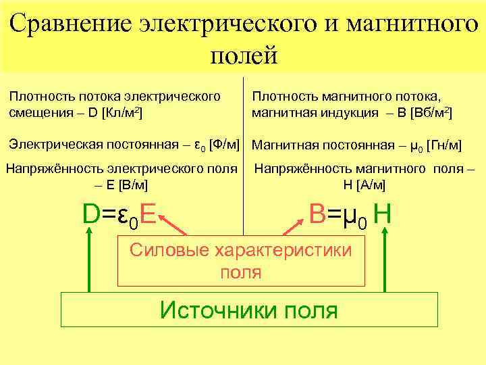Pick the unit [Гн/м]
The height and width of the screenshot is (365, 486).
445,145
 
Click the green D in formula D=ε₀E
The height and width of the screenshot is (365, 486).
90,214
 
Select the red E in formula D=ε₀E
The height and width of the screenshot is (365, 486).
148,214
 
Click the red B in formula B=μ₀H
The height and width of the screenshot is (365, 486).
318,214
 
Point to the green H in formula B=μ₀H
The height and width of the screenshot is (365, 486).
382,214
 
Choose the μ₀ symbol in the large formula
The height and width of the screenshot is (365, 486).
352,216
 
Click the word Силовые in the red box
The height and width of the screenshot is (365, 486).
169,250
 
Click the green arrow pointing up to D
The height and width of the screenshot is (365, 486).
89,260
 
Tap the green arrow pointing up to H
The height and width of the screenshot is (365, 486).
385,260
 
